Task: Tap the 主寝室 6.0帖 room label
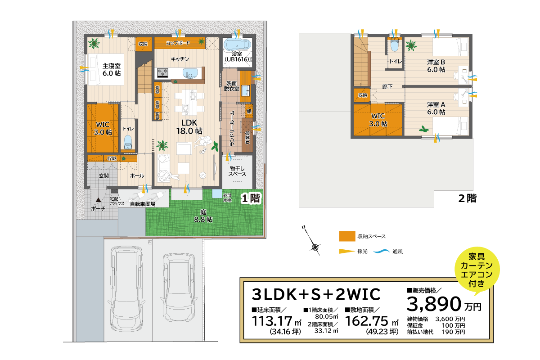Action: coord(111,69)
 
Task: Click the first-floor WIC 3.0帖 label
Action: coord(103,128)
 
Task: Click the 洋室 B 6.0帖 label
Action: coord(436,66)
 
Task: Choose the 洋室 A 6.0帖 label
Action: coord(436,108)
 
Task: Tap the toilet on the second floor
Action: coord(395,45)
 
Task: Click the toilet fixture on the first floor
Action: coord(128,142)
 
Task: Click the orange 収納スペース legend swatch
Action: coord(346,236)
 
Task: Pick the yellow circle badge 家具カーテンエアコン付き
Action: coord(477,270)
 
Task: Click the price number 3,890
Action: coord(434,305)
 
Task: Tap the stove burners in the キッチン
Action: coord(162,72)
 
